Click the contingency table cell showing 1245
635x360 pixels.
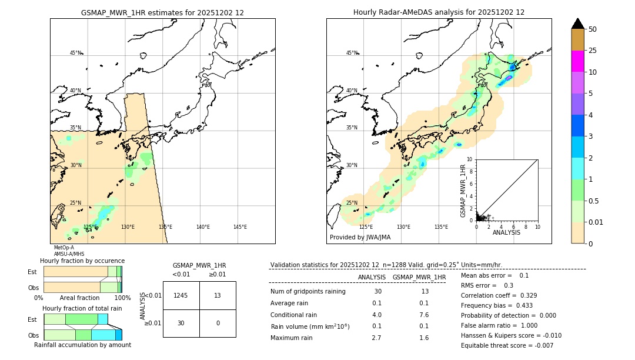[181, 295]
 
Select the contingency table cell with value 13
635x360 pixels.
[218, 295]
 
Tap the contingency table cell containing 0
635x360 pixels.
[218, 323]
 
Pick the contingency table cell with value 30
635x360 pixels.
[181, 323]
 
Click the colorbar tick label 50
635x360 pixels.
[593, 29]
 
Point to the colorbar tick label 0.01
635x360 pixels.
[596, 222]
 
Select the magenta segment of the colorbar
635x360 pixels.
[577, 61]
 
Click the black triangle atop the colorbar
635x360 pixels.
[577, 24]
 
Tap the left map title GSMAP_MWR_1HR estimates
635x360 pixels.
[162, 12]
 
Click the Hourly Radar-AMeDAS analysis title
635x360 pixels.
[439, 12]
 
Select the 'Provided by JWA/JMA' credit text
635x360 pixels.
[360, 238]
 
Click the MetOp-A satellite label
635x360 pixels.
[64, 248]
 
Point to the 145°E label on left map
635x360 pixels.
[240, 227]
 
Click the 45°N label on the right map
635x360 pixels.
[352, 53]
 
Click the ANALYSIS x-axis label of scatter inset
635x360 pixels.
[506, 232]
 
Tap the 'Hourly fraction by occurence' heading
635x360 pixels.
[82, 261]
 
